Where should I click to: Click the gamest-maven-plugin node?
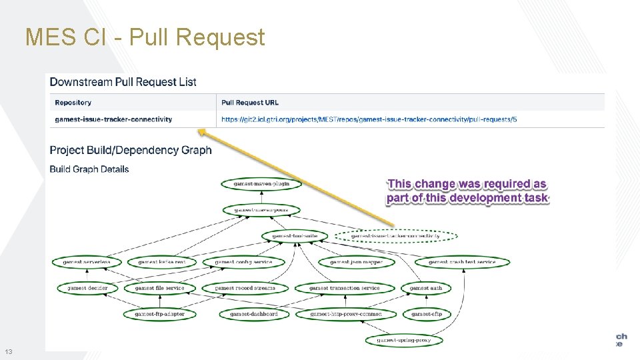[x=262, y=183]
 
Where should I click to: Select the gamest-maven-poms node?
[x=261, y=210]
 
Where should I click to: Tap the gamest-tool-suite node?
[x=290, y=236]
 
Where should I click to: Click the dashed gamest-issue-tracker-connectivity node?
[x=395, y=236]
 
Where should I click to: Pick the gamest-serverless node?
[x=87, y=262]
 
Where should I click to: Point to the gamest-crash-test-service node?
[x=462, y=262]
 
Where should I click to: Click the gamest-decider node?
[x=87, y=288]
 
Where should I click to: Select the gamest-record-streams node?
[x=245, y=288]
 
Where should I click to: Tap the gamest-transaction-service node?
[x=345, y=288]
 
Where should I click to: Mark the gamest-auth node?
[x=426, y=288]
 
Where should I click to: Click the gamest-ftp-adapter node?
[x=159, y=313]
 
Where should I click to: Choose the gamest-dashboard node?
[x=254, y=313]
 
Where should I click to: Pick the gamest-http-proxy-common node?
[x=347, y=313]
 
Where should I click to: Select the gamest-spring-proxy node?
[x=403, y=340]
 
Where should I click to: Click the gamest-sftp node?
[x=426, y=313]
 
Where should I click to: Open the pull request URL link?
[x=369, y=119]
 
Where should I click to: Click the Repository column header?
[x=73, y=103]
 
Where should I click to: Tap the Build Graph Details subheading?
[x=89, y=169]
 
